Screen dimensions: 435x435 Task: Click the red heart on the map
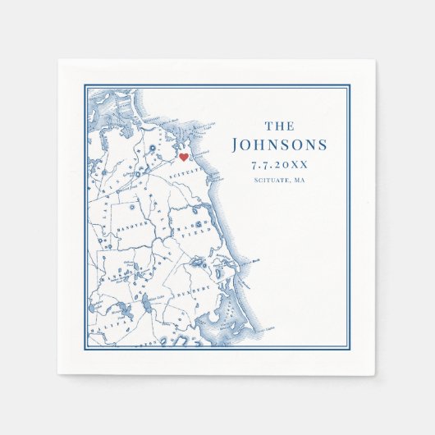[184, 156]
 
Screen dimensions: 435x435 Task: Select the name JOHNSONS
[280, 145]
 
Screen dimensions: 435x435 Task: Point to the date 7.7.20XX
[280, 165]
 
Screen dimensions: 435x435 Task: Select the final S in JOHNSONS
[321, 145]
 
